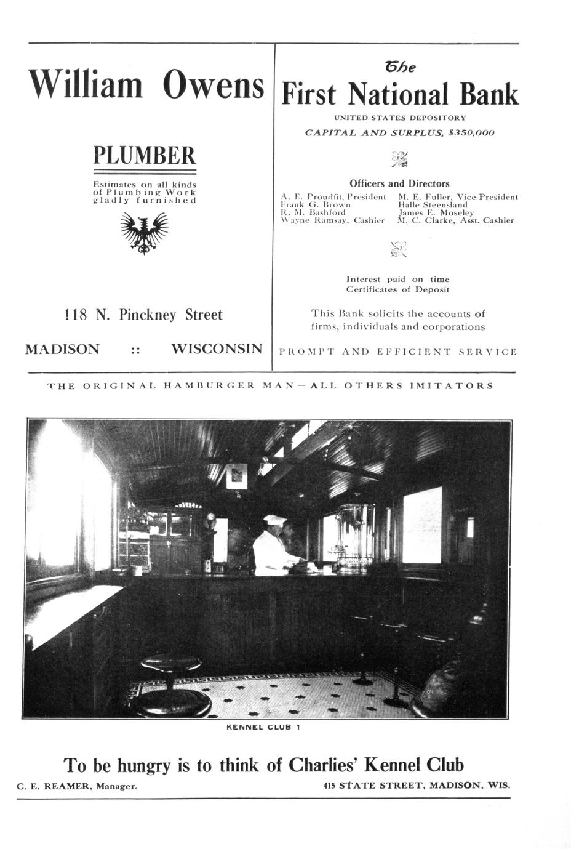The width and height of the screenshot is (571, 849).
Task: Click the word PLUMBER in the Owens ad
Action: (x=144, y=155)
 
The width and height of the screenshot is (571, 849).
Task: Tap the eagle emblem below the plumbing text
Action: (x=145, y=232)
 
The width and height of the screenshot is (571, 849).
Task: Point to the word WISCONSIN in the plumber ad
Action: (x=217, y=349)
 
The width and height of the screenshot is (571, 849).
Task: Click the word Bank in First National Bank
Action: (x=489, y=94)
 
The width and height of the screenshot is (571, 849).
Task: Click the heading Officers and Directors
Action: (x=399, y=183)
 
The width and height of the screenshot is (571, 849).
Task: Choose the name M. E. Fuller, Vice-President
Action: (x=458, y=197)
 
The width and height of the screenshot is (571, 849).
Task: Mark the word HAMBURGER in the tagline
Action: (x=210, y=386)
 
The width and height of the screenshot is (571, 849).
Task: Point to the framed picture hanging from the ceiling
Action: (x=237, y=476)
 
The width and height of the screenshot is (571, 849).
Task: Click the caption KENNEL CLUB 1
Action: (x=263, y=727)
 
